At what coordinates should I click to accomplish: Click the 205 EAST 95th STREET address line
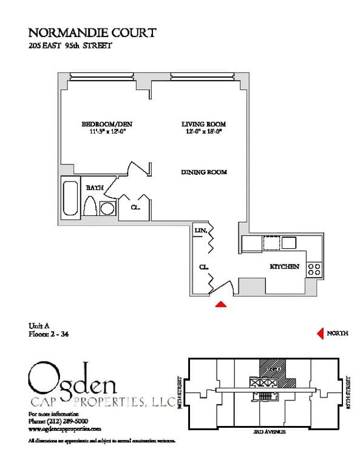(x=70, y=46)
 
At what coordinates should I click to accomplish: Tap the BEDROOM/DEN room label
(x=107, y=124)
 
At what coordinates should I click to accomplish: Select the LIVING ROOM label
(x=203, y=124)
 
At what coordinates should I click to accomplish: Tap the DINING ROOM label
(x=204, y=172)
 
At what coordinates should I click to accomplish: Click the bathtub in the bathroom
(x=70, y=197)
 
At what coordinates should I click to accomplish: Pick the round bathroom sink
(x=107, y=209)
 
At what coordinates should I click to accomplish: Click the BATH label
(x=94, y=188)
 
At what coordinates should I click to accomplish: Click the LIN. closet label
(x=200, y=231)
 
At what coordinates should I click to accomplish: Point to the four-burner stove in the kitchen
(x=314, y=269)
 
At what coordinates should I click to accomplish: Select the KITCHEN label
(x=284, y=266)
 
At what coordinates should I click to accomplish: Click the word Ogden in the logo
(x=73, y=379)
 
